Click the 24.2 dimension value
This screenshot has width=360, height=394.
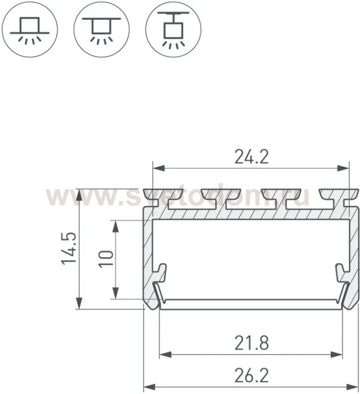pyautogui.click(x=251, y=157)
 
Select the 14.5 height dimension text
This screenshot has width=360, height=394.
pyautogui.click(x=69, y=248)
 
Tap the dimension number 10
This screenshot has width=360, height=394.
pyautogui.click(x=106, y=259)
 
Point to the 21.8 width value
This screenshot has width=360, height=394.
pyautogui.click(x=251, y=343)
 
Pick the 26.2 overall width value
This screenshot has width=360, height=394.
pyautogui.click(x=251, y=375)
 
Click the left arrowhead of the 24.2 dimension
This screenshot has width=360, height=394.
pyautogui.click(x=159, y=168)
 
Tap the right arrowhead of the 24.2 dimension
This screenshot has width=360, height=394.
pyautogui.click(x=344, y=168)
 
